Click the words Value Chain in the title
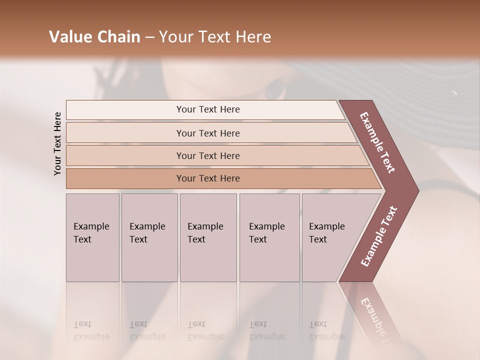[x=94, y=37]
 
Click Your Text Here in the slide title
[x=215, y=37]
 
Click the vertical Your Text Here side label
[x=57, y=143]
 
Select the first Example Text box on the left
[x=92, y=237]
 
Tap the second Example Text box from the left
[x=149, y=237]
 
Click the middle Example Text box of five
[x=208, y=237]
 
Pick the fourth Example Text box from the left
[x=269, y=237]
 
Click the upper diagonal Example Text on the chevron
[x=377, y=142]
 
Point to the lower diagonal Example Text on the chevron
[x=379, y=236]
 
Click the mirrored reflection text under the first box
[x=91, y=330]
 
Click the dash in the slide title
[x=149, y=37]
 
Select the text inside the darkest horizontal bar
[x=208, y=178]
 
